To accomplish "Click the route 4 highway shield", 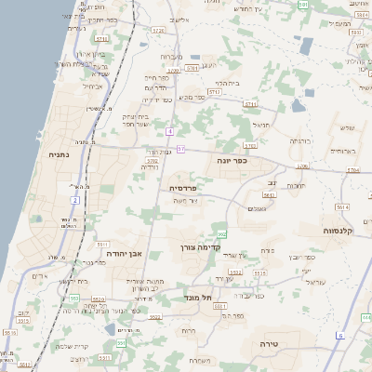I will [169, 132].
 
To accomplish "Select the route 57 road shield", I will [180, 149].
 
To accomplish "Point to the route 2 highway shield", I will [74, 199].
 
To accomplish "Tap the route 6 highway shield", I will [340, 335].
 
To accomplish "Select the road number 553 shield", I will [73, 299].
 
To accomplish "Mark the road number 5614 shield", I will [342, 208].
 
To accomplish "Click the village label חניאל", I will [261, 124].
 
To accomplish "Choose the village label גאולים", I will [257, 208].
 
